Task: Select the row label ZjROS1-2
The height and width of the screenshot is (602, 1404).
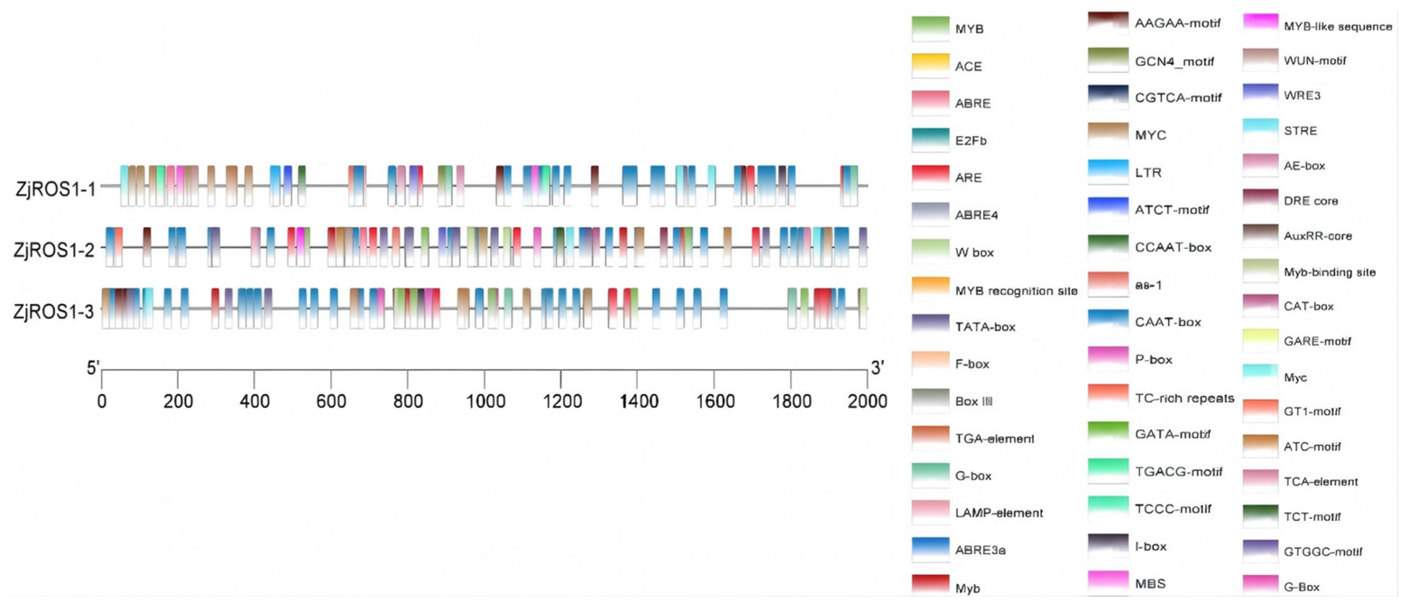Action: pos(55,250)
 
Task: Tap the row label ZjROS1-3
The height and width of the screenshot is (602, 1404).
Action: pos(54,312)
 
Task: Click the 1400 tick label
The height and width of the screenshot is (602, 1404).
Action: pos(639,401)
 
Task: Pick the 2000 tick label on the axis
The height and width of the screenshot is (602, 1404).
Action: pos(867,401)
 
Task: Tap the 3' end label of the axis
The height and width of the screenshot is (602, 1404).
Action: pos(877,368)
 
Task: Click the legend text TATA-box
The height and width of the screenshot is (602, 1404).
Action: pos(985,327)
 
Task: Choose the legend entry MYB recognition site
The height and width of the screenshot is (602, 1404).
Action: pos(1016,291)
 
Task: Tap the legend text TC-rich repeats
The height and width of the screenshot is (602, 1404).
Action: pos(1184,398)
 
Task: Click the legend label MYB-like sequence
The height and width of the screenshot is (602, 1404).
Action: pos(1338,26)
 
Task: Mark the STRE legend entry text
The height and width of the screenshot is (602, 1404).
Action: pos(1300,131)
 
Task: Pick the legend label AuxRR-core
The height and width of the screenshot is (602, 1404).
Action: pos(1317,236)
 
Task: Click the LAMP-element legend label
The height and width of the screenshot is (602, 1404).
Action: pos(999,513)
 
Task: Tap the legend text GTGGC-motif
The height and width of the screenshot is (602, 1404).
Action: pos(1323,552)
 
